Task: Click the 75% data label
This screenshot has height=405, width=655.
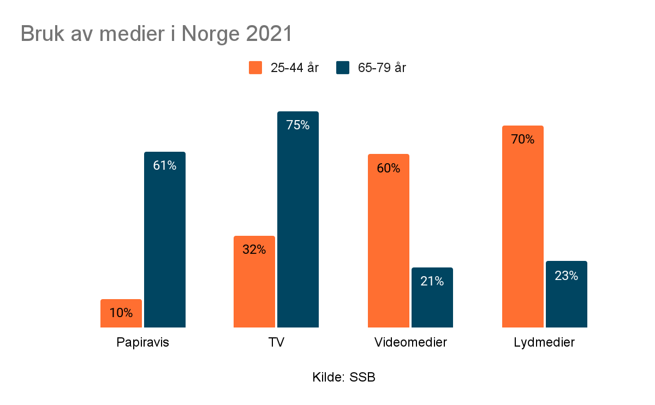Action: (x=298, y=125)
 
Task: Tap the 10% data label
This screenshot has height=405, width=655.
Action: (x=121, y=313)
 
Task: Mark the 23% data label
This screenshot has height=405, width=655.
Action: (x=567, y=276)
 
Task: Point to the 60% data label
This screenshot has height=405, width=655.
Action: (x=389, y=168)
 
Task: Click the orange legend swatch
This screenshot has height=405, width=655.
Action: (x=255, y=68)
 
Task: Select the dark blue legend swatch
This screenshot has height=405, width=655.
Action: (x=343, y=68)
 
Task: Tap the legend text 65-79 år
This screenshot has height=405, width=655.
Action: (x=382, y=68)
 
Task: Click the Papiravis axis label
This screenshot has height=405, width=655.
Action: (x=143, y=343)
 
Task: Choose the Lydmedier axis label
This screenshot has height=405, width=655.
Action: (x=544, y=343)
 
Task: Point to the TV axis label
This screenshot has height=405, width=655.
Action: (x=277, y=343)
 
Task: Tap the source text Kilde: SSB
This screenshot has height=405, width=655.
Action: (x=344, y=377)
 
